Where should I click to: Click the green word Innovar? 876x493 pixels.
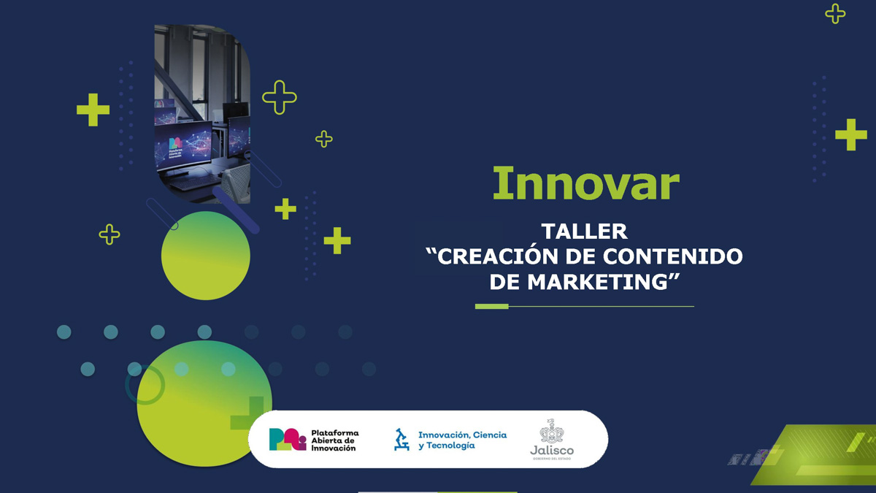pos(585,183)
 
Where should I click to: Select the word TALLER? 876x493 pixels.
pos(584,232)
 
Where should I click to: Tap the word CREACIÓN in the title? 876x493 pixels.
pos(494,256)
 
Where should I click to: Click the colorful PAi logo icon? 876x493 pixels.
pos(287,439)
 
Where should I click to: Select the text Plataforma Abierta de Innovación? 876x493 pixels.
pos(334,440)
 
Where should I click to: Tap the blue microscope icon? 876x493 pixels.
pos(401,439)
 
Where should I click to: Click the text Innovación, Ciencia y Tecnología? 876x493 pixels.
pos(461,440)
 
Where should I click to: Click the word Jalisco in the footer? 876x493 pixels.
pos(552,450)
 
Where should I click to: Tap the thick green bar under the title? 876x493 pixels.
pos(491,306)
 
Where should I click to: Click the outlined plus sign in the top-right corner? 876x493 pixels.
pos(835,13)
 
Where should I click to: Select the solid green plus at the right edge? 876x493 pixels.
pos(850,134)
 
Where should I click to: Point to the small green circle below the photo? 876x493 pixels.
pos(205,256)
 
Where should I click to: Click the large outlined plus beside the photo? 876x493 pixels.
pos(279,97)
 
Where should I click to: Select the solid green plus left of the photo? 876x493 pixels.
pos(93,110)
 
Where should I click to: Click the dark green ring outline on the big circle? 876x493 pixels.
pos(145,385)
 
